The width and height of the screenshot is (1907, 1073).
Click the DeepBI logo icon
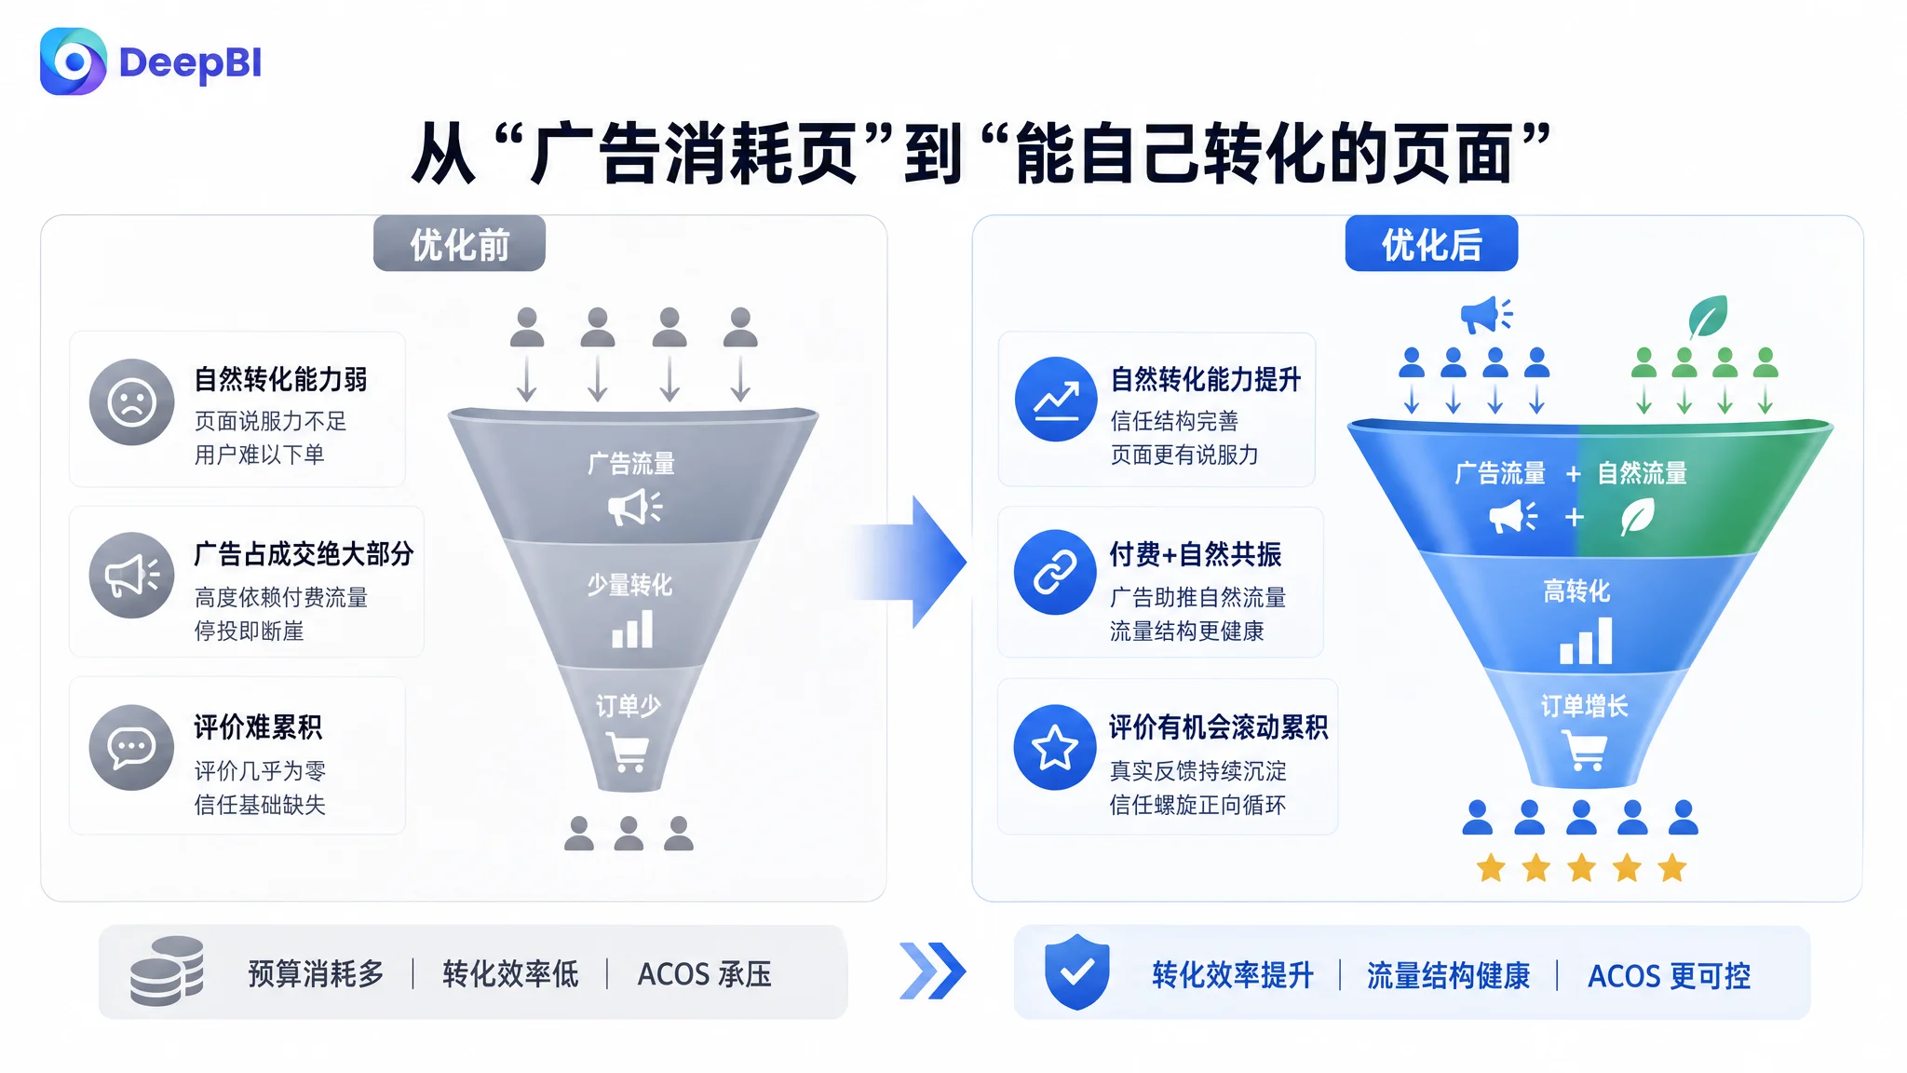(x=74, y=61)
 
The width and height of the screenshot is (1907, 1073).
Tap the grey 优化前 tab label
(x=459, y=244)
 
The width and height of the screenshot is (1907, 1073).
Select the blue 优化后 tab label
(x=1431, y=244)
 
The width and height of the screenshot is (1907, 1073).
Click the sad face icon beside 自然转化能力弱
(x=132, y=402)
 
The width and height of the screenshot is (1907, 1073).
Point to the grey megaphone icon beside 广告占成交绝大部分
(x=132, y=576)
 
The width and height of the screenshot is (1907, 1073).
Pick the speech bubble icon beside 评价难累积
(x=132, y=748)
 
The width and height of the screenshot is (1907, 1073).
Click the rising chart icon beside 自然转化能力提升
(x=1057, y=400)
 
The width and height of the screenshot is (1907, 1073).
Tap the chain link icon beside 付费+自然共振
(x=1056, y=573)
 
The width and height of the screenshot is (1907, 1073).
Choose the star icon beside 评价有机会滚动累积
(x=1056, y=748)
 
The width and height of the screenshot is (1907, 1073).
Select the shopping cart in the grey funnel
(x=628, y=752)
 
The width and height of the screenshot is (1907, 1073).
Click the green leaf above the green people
(x=1709, y=317)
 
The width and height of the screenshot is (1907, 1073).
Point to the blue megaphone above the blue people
(x=1486, y=316)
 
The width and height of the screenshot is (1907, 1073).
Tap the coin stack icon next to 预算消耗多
(x=167, y=971)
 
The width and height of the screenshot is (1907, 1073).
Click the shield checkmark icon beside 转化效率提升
(x=1076, y=972)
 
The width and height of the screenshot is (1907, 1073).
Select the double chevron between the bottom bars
(x=932, y=971)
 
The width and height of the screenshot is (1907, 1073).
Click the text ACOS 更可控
(x=1669, y=976)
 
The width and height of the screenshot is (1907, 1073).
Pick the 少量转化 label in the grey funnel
(x=629, y=585)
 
